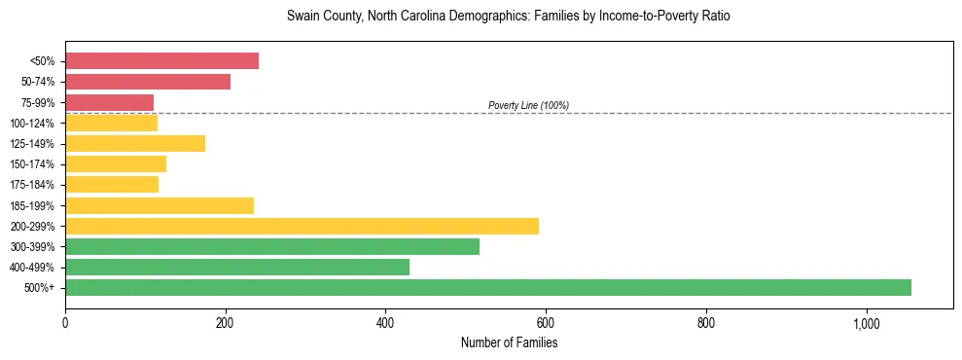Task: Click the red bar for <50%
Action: click(161, 61)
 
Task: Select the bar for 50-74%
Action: click(148, 82)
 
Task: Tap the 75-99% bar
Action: click(109, 102)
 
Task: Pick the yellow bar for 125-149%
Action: click(135, 144)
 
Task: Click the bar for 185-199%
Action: click(160, 205)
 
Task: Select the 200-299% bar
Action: click(302, 226)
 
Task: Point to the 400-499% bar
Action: click(237, 268)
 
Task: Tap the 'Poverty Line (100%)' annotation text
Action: click(528, 105)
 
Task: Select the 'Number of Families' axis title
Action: click(509, 343)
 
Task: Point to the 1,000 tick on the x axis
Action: click(866, 322)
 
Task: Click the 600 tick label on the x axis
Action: click(546, 322)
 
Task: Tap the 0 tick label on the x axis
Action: click(65, 322)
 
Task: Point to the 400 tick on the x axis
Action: click(385, 322)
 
